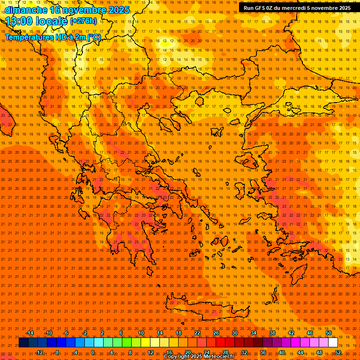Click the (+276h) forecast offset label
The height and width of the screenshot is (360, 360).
coord(83,21)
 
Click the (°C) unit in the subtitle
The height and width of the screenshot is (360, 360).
coord(94,37)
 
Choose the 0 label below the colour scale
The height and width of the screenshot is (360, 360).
coord(93,352)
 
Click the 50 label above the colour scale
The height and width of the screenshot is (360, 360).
coord(329,333)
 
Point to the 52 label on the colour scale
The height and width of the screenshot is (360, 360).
coord(338,352)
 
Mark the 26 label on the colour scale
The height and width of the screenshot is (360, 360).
coord(216,333)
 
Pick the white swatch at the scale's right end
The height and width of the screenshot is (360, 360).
coord(333,343)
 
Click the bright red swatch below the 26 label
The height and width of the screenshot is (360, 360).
coord(220,343)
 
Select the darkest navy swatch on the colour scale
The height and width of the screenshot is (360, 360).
coord(24,343)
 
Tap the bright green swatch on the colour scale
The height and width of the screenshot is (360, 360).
coord(127,343)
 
